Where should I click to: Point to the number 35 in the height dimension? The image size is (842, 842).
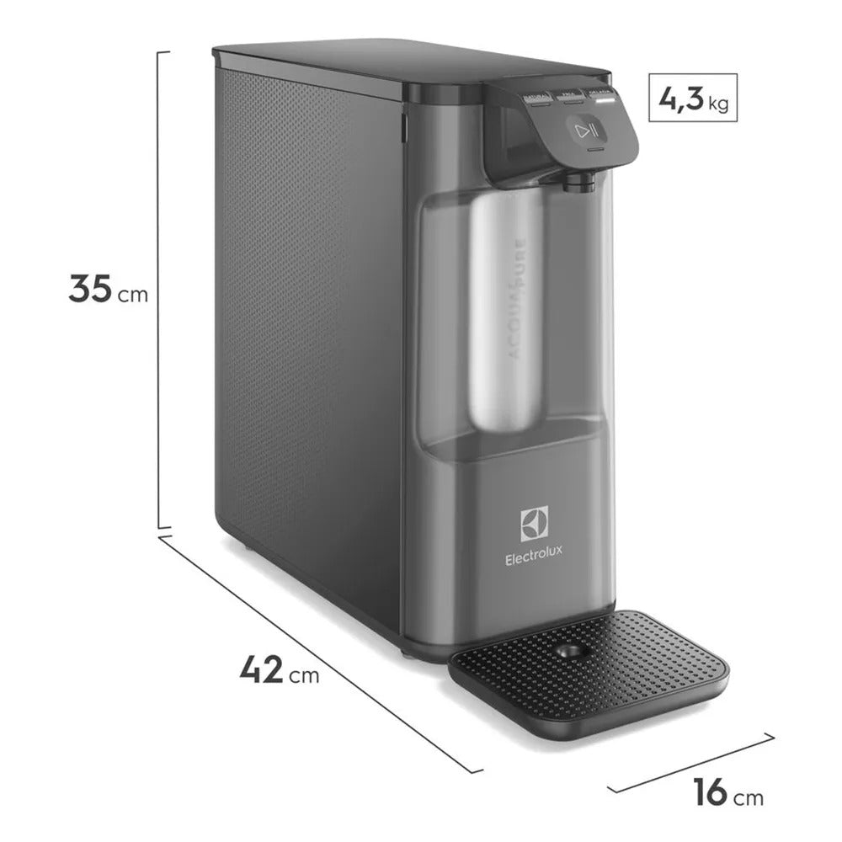coord(90,289)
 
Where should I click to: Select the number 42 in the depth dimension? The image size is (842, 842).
coord(262,670)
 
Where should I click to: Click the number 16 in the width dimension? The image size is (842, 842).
coord(711,793)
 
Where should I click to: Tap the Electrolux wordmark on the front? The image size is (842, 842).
coord(534,557)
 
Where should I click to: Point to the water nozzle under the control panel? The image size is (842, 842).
coord(578,180)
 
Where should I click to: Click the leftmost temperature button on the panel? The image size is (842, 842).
coord(536,102)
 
